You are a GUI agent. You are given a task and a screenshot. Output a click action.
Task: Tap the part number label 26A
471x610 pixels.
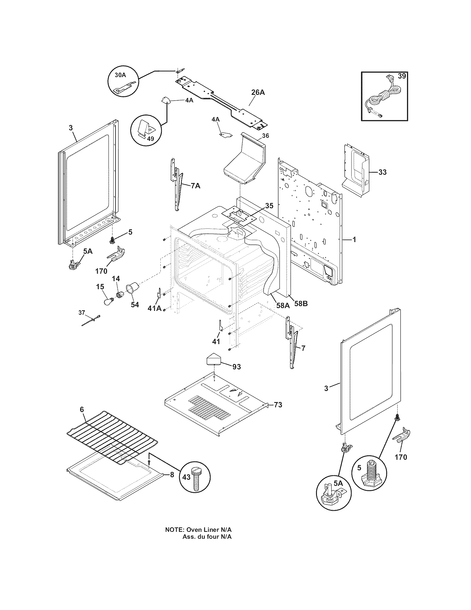(258, 92)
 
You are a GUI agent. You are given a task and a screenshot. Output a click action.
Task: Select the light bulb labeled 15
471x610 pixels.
(108, 301)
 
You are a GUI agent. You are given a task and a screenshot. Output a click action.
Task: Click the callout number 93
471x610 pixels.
(236, 367)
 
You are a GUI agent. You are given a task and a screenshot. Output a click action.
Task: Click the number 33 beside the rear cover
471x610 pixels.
(382, 172)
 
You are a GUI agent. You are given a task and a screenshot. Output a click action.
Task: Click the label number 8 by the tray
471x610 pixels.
(172, 475)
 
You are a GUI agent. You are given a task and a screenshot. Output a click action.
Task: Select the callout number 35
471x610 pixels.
(269, 206)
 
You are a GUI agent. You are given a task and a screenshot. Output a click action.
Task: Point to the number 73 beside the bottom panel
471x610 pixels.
(278, 405)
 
